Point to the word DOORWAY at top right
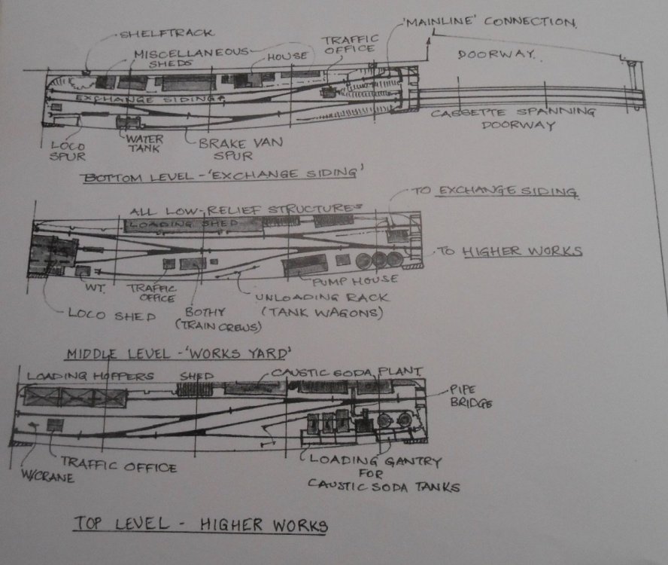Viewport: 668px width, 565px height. point(496,55)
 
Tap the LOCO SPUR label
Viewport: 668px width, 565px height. point(67,150)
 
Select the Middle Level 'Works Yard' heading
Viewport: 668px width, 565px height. point(178,353)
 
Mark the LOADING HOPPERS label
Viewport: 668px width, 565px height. point(90,375)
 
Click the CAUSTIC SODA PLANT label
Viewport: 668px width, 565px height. point(346,373)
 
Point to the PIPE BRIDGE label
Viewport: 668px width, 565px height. point(471,396)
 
